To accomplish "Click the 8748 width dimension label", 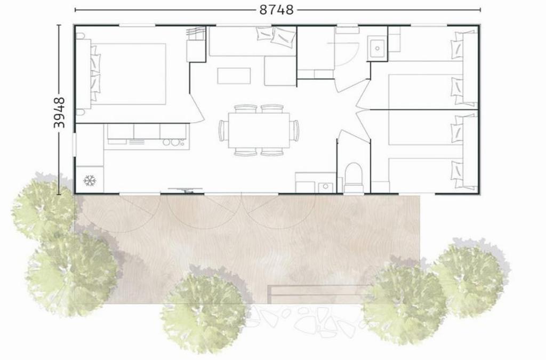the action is (x=277, y=10).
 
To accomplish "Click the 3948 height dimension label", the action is (x=60, y=113).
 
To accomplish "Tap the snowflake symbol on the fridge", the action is (x=90, y=181).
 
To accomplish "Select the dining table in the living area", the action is (x=259, y=130).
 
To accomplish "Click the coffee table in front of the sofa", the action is (x=234, y=76).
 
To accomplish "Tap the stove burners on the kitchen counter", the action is (x=174, y=142).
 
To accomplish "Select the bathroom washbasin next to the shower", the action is (x=377, y=47).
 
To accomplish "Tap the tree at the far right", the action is (x=471, y=279).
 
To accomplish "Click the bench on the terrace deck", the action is (x=319, y=294).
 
